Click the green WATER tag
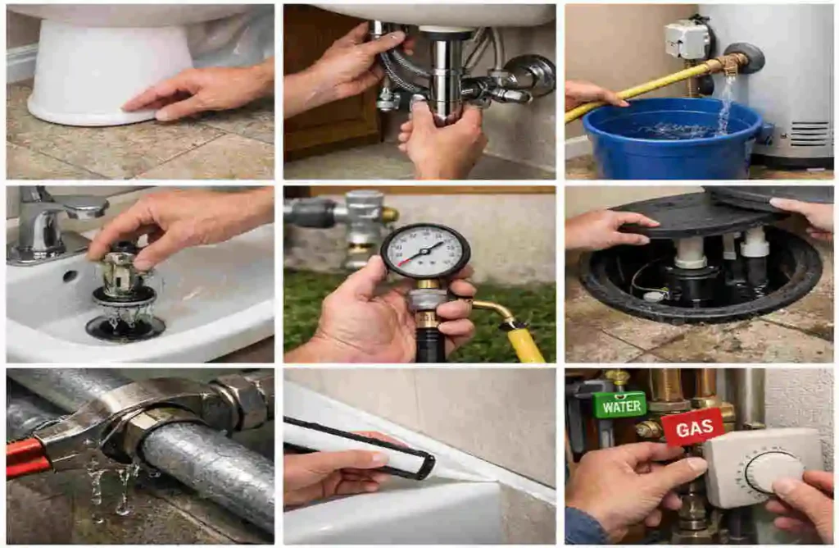[x=620, y=405]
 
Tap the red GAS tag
[x=692, y=427]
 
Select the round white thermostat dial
[x=773, y=472]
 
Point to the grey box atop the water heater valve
[x=686, y=39]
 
